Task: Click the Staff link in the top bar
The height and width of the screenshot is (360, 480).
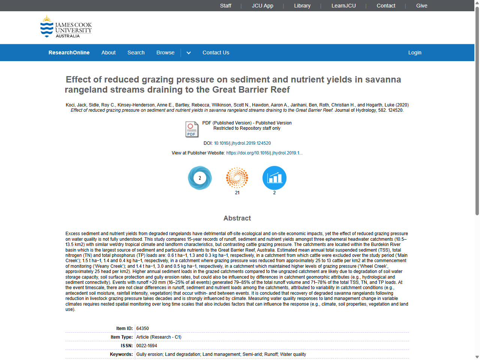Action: pyautogui.click(x=225, y=6)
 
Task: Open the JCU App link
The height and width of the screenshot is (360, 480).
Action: pyautogui.click(x=262, y=6)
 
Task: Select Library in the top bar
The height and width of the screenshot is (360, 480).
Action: pyautogui.click(x=302, y=6)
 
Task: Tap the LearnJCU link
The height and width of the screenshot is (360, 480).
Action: pyautogui.click(x=343, y=6)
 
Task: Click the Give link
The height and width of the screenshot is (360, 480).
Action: pyautogui.click(x=421, y=6)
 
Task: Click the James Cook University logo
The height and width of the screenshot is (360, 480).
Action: pyautogui.click(x=66, y=27)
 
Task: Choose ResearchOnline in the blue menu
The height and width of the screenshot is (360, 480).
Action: pyautogui.click(x=69, y=52)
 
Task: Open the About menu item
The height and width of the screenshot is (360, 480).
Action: pyautogui.click(x=108, y=52)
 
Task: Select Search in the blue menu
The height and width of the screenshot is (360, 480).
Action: pyautogui.click(x=136, y=52)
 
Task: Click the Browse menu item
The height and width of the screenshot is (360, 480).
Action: pyautogui.click(x=165, y=52)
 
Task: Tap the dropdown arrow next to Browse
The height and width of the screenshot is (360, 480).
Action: pyautogui.click(x=189, y=53)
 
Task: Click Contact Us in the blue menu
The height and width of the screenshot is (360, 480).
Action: pyautogui.click(x=216, y=52)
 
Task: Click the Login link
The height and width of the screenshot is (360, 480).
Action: pyautogui.click(x=415, y=52)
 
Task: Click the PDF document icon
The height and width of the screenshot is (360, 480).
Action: pyautogui.click(x=192, y=129)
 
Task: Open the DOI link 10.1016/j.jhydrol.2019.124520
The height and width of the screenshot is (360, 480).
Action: pyautogui.click(x=242, y=143)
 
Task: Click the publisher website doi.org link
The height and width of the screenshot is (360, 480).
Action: pyautogui.click(x=264, y=153)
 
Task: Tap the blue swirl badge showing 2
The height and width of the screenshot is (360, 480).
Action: pyautogui.click(x=200, y=178)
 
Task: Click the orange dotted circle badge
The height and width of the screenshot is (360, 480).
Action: pyautogui.click(x=237, y=178)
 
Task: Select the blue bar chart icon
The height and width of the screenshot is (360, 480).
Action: pyautogui.click(x=274, y=178)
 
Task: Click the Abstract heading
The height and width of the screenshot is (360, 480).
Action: pyautogui.click(x=237, y=218)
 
